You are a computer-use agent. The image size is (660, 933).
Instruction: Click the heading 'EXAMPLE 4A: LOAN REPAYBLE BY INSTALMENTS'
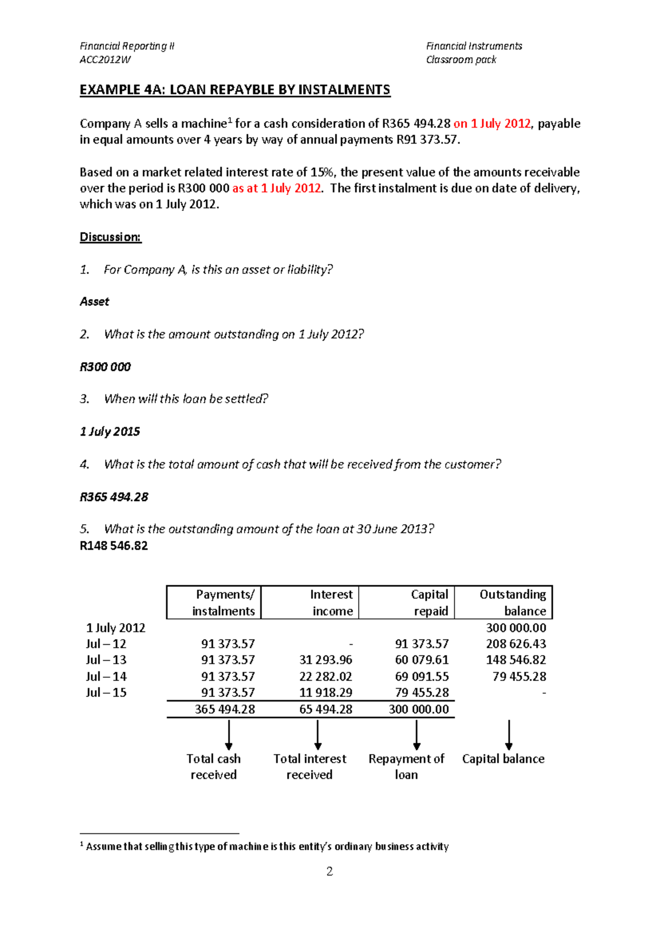click(235, 90)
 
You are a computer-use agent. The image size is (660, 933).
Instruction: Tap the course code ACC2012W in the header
click(105, 60)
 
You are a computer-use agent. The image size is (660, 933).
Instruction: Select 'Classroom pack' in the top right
click(461, 60)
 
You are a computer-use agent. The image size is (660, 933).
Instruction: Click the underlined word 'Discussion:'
click(111, 237)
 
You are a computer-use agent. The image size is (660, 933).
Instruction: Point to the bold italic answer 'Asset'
click(95, 301)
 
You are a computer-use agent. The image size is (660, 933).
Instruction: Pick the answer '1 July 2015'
click(110, 431)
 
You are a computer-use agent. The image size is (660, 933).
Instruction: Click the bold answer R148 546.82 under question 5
click(114, 546)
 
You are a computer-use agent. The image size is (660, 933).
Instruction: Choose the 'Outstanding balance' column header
click(513, 602)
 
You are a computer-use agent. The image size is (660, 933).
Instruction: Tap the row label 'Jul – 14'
click(106, 676)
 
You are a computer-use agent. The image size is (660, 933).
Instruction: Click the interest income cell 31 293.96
click(326, 660)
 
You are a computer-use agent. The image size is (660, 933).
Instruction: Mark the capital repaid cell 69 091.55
click(422, 676)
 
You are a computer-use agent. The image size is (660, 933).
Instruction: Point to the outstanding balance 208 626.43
click(516, 644)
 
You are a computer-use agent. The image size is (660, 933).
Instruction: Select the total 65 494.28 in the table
click(326, 709)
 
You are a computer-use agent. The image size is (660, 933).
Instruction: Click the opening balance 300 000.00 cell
click(516, 628)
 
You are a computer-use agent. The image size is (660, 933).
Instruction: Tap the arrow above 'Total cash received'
click(229, 735)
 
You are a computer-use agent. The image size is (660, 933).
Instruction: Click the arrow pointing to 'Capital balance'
click(509, 735)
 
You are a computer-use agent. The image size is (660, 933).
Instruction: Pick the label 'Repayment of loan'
click(406, 766)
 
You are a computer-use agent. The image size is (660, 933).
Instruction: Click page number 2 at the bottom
click(329, 871)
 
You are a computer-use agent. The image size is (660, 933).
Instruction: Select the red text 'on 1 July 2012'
click(492, 123)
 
